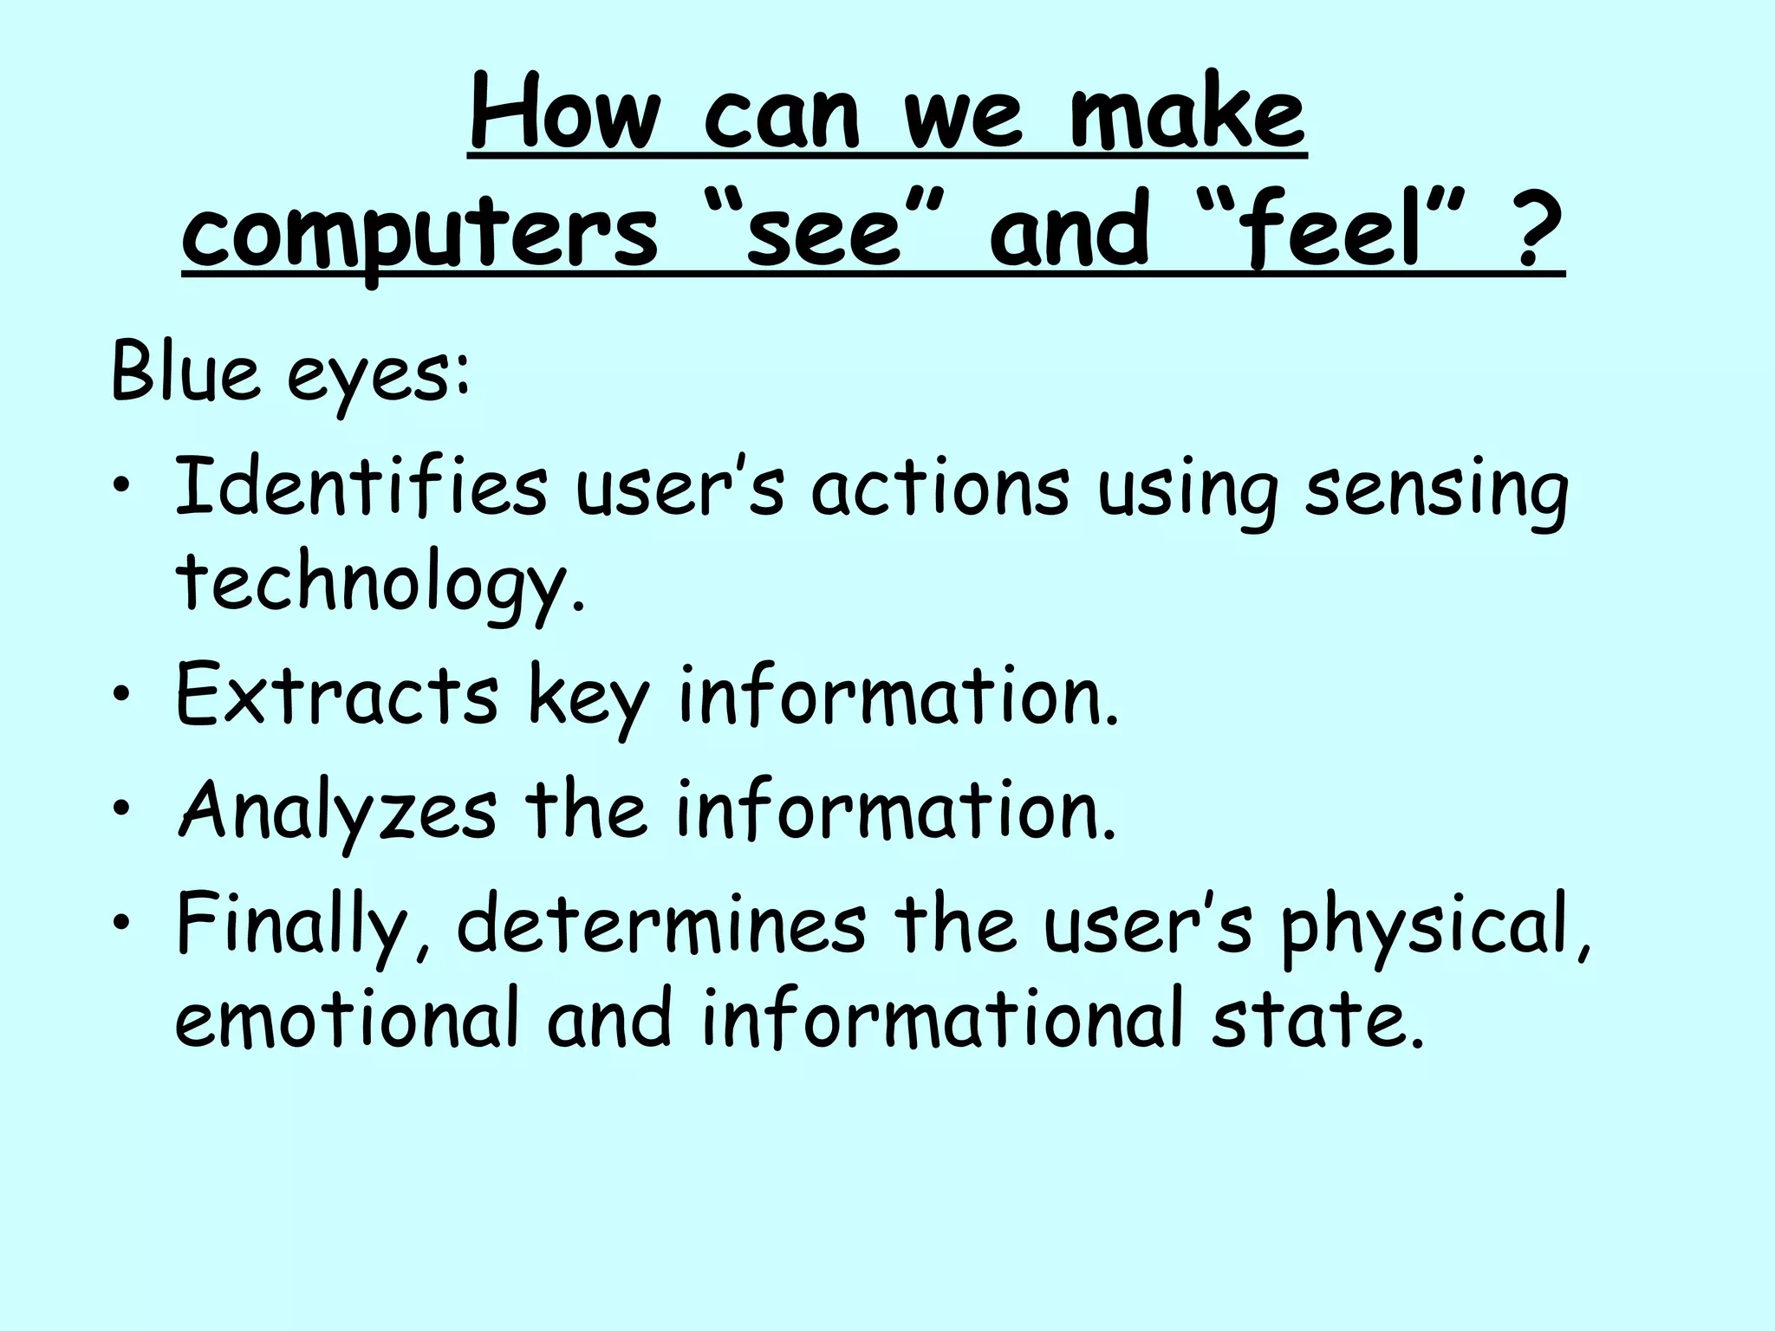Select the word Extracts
(x=337, y=695)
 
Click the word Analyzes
(x=337, y=811)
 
